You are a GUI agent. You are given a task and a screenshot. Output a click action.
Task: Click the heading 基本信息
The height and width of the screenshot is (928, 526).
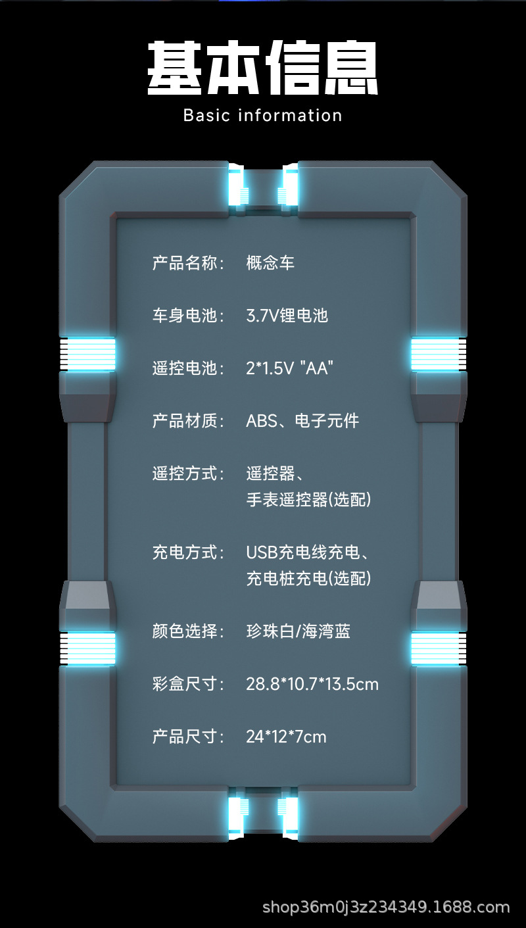coord(262,67)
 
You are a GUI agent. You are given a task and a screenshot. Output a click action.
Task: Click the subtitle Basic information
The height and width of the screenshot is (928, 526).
coord(262,115)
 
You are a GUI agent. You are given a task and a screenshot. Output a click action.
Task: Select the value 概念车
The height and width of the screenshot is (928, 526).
coord(270,263)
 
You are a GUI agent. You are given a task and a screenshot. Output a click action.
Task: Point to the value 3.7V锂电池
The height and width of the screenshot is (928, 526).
coord(287,316)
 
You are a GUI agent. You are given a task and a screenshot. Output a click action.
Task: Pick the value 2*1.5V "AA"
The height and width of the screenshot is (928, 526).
coord(289,368)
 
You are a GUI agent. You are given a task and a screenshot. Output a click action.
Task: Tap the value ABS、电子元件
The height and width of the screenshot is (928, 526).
coord(302,421)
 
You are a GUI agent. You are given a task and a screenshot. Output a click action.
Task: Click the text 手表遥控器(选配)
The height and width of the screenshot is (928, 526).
coord(308,500)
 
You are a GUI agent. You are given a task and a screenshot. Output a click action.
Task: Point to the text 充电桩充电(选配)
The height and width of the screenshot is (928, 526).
coord(308,579)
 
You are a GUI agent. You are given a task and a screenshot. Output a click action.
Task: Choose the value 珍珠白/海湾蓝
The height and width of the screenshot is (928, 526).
coord(298,631)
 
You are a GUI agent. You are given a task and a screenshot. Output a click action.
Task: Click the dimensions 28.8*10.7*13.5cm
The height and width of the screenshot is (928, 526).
coord(312,684)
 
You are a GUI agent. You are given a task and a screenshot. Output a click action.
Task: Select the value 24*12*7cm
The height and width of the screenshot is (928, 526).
coord(286,737)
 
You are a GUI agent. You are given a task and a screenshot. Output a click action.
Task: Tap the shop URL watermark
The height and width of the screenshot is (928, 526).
coord(386,908)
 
